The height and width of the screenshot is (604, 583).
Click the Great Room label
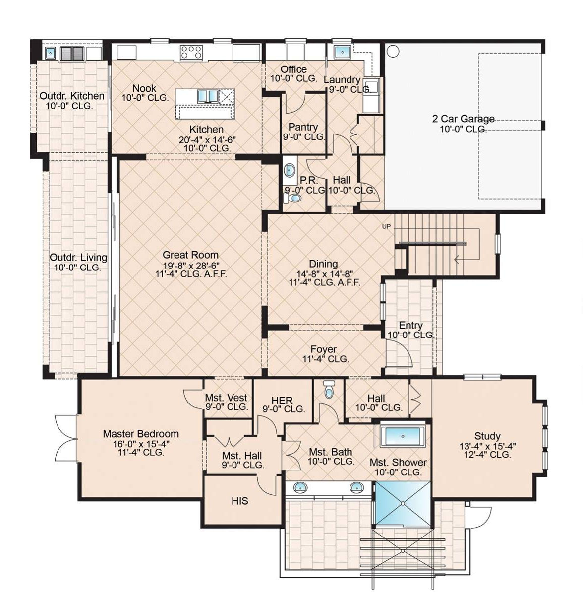[190, 255]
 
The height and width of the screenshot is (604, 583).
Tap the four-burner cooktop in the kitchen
[191, 52]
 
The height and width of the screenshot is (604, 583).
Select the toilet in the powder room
[292, 198]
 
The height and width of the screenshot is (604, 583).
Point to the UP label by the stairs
[386, 227]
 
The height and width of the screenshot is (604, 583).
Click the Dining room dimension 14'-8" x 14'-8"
[323, 274]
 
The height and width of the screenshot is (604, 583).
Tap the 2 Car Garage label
[464, 119]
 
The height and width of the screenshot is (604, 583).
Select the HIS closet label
[240, 501]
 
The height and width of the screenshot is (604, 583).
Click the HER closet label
[282, 400]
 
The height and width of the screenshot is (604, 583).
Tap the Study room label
[487, 436]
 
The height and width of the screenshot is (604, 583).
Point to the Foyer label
[323, 350]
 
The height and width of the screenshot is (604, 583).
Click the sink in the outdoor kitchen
[50, 53]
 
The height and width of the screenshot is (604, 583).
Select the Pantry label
[303, 127]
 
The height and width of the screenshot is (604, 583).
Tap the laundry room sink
[342, 52]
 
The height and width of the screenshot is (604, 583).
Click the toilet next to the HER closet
[328, 389]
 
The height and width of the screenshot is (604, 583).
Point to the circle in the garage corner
[393, 51]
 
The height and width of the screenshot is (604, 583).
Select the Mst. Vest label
[226, 398]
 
